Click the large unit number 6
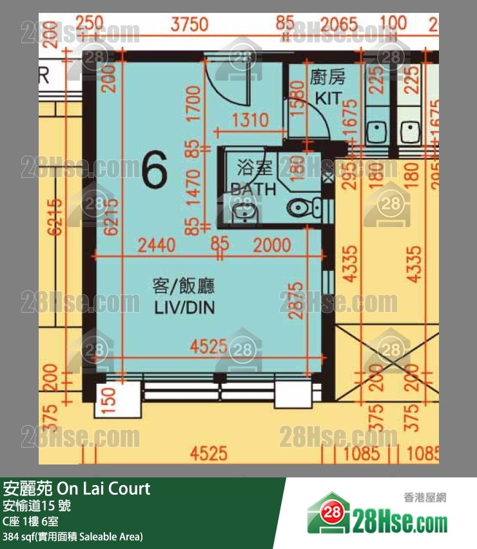[x=154, y=170]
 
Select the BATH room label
[x=253, y=190]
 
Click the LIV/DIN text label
[x=184, y=308]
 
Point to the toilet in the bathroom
[x=303, y=208]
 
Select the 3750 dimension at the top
[x=190, y=25]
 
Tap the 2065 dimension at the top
[x=338, y=25]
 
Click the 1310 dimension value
[x=250, y=120]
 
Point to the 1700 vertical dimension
[x=193, y=103]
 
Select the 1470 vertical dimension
[x=193, y=188]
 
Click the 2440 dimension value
[x=157, y=245]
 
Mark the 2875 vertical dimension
[x=295, y=301]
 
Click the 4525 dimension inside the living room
[x=208, y=347]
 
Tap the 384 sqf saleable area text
[x=72, y=536]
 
